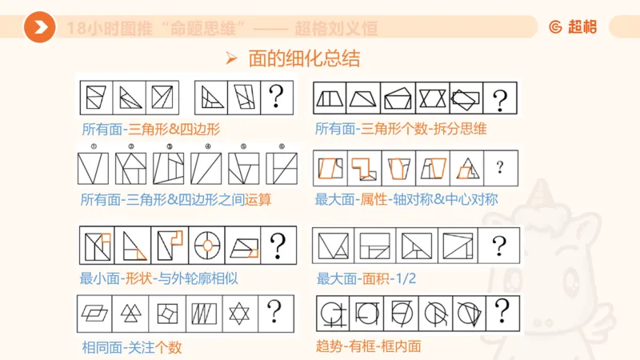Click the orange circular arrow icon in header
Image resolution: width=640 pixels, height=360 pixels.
(x=39, y=28)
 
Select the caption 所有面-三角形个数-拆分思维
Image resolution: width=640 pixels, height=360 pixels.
(x=400, y=128)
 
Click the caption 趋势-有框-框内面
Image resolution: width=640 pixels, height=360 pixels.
(x=369, y=346)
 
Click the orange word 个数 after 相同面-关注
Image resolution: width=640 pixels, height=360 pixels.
(x=176, y=348)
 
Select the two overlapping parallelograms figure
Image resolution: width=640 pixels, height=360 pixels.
(x=94, y=311)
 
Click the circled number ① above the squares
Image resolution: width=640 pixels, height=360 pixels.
(x=94, y=146)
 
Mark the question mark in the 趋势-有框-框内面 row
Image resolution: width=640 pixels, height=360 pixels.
(x=502, y=310)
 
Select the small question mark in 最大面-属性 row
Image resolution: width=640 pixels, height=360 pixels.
(x=500, y=167)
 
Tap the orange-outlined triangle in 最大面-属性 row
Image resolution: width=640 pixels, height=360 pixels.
(x=466, y=167)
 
